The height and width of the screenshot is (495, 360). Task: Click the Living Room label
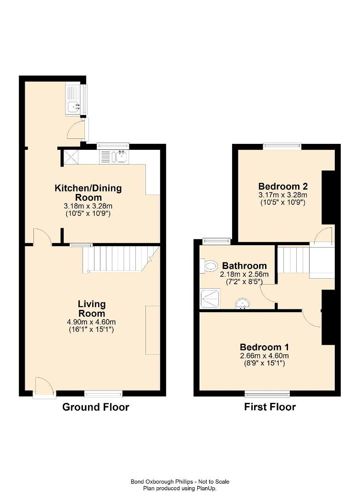click(x=92, y=309)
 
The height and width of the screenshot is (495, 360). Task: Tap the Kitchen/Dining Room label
click(x=88, y=192)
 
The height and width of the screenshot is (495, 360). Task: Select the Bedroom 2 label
click(x=283, y=186)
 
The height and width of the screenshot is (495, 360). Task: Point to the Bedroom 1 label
click(x=264, y=347)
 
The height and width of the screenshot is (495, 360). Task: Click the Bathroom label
click(x=244, y=266)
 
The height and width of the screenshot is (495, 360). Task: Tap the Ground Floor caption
click(x=96, y=407)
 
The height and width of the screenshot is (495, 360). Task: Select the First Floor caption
click(x=270, y=407)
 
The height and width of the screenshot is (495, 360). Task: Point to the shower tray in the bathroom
click(x=210, y=299)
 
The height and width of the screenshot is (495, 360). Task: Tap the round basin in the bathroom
click(x=243, y=304)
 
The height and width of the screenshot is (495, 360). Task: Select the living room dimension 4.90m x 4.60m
click(x=91, y=322)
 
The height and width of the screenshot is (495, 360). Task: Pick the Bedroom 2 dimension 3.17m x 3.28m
click(x=283, y=195)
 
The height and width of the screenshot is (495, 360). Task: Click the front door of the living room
click(x=44, y=387)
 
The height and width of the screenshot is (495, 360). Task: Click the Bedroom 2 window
click(x=282, y=146)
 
